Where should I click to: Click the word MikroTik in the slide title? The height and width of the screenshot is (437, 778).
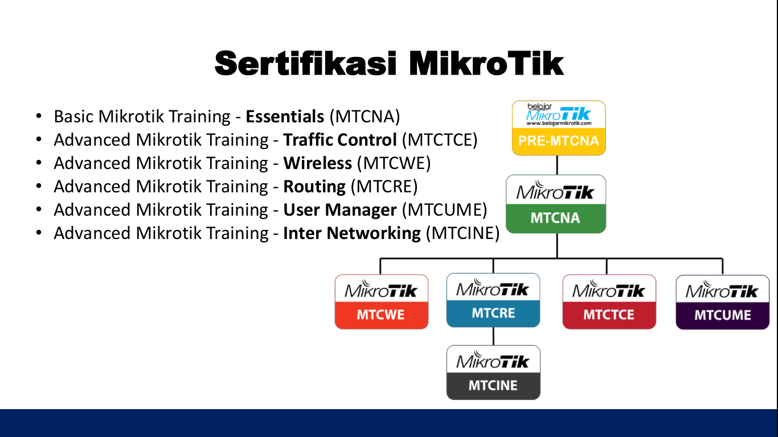point(486,64)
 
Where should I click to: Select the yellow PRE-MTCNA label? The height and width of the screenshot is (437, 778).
point(558,141)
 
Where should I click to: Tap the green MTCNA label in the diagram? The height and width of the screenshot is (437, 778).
point(555,218)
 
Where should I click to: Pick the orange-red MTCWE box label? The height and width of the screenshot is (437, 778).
point(380,315)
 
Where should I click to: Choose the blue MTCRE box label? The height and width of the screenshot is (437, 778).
point(493,314)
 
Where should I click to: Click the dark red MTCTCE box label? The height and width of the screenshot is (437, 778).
point(609,315)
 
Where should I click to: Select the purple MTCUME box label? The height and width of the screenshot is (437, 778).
point(723,315)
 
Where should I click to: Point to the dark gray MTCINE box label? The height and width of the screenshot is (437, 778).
point(493,386)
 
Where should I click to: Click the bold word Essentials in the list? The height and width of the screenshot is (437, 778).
point(285,117)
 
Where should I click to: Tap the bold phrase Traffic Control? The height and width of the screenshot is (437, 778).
point(340,140)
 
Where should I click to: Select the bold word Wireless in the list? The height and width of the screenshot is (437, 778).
point(318,163)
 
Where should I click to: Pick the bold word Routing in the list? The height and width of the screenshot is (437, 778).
point(314,187)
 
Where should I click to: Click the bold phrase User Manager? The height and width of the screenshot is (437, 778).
point(340,210)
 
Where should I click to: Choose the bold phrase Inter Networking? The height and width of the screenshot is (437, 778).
point(352,233)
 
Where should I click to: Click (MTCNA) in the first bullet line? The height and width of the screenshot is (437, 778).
point(365,117)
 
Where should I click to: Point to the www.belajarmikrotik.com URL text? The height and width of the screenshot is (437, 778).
point(558,123)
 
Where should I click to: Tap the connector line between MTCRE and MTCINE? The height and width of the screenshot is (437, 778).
point(493,336)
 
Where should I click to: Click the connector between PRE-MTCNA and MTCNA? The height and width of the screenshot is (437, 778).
point(557,165)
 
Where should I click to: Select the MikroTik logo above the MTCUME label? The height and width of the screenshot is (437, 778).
point(722,290)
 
